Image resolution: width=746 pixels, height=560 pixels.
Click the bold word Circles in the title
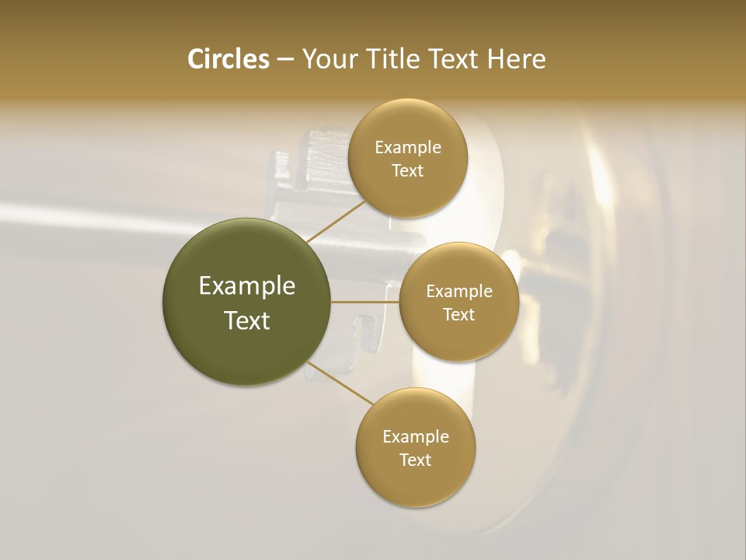pyautogui.click(x=228, y=59)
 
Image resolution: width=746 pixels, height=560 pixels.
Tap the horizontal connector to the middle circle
pyautogui.click(x=365, y=302)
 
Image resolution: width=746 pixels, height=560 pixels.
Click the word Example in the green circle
pyautogui.click(x=247, y=286)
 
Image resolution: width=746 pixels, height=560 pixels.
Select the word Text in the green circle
pyautogui.click(x=247, y=320)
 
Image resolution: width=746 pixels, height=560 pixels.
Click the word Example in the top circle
pyautogui.click(x=408, y=148)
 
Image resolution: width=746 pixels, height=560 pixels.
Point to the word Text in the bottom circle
pyautogui.click(x=415, y=460)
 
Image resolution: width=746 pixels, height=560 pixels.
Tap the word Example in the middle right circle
pyautogui.click(x=459, y=292)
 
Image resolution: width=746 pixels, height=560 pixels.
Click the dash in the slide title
pyautogui.click(x=284, y=59)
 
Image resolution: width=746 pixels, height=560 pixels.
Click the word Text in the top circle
pyautogui.click(x=407, y=171)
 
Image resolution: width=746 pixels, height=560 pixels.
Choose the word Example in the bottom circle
pyautogui.click(x=416, y=436)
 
